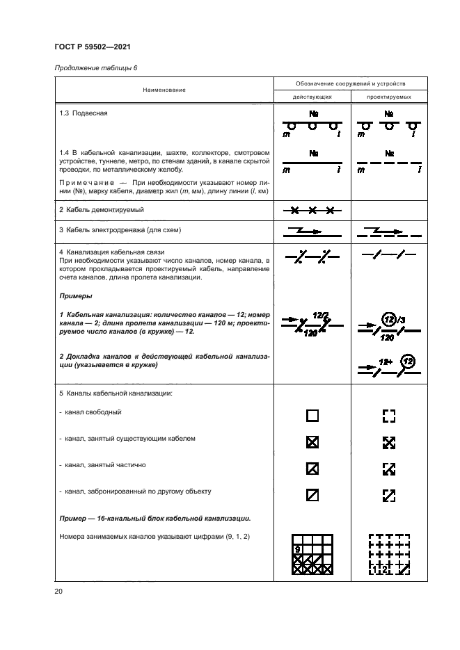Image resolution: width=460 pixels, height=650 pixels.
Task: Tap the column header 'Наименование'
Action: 164,90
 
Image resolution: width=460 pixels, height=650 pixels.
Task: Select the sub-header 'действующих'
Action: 312,97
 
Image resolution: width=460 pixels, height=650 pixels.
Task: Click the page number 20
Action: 58,591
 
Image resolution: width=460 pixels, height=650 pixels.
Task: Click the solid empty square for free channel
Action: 312,416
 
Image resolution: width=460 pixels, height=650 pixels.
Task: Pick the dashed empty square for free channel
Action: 389,416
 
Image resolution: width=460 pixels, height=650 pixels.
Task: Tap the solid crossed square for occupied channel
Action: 312,442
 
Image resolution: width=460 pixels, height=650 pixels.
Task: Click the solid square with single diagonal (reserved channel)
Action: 312,495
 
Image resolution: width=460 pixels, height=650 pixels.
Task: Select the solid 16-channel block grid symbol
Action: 312,555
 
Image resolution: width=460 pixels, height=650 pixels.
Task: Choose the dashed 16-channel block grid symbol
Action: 389,555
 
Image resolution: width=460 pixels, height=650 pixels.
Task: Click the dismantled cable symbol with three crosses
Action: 312,209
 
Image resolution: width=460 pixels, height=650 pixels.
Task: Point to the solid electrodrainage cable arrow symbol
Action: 312,230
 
